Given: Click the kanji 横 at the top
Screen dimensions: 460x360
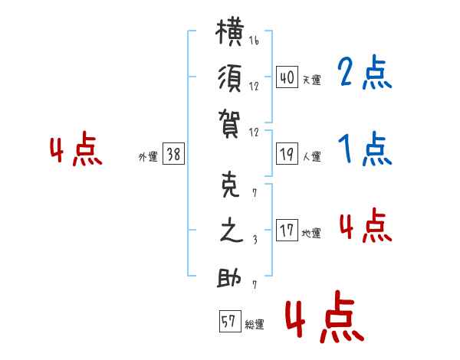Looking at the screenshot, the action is [x=229, y=31].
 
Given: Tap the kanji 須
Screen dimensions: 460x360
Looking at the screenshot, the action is [x=230, y=78].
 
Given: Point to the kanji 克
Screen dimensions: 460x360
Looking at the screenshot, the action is [x=230, y=185].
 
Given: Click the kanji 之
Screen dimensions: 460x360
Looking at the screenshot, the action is [x=232, y=231].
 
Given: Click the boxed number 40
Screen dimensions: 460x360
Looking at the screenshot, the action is [x=287, y=77].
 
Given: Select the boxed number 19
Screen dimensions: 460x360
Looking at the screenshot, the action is [x=287, y=154].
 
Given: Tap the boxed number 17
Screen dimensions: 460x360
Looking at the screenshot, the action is [x=287, y=230].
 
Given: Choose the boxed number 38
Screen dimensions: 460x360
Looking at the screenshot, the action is [x=173, y=154].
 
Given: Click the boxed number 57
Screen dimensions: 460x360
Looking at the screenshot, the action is [x=230, y=321].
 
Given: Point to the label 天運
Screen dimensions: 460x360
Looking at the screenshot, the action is [x=311, y=80].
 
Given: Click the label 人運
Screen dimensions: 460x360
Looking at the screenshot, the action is [x=311, y=156].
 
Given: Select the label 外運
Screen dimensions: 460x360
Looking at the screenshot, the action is [x=148, y=156].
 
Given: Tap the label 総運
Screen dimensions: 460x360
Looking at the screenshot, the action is [x=255, y=324].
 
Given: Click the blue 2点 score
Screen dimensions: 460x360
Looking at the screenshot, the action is [x=365, y=72].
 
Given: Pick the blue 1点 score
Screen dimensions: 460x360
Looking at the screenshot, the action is [x=365, y=149].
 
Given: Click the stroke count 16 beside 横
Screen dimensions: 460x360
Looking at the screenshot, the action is [x=254, y=41].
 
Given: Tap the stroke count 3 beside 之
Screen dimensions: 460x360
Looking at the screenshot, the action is [x=255, y=240].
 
